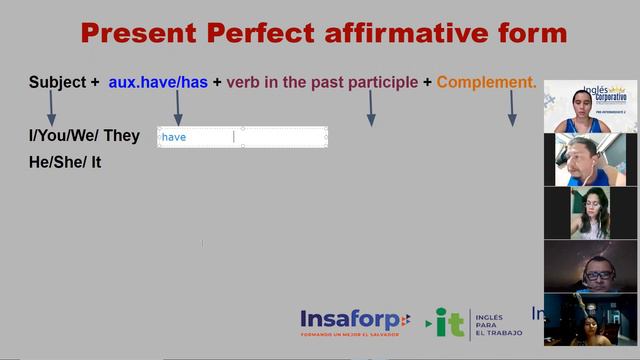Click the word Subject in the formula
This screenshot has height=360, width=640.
coord(57,82)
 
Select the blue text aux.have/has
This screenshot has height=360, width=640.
coord(158,82)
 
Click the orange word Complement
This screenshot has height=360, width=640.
coord(486,82)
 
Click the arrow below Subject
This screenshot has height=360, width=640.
coord(52,107)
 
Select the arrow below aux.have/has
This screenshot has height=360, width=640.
coord(178,107)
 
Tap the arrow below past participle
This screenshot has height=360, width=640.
coord(371,107)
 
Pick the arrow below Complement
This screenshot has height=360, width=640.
coord(512,107)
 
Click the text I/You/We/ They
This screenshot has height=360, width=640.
coord(84,136)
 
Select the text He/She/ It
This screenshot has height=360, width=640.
coord(65,160)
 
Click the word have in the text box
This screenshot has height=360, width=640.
coord(175,137)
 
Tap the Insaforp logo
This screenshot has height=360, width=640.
coord(354,322)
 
